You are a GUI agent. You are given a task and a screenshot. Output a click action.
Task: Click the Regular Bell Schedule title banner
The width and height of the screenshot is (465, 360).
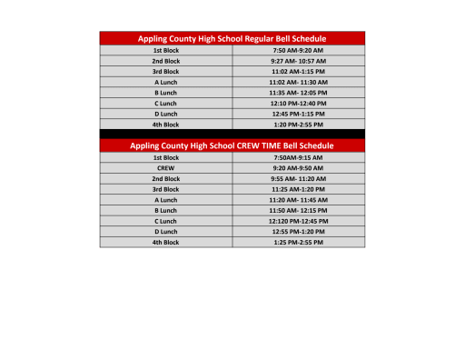click(232, 38)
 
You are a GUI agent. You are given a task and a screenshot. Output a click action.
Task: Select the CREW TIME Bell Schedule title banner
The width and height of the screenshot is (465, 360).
click(232, 145)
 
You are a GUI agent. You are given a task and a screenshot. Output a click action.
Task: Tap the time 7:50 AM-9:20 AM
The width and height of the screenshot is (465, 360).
click(298, 50)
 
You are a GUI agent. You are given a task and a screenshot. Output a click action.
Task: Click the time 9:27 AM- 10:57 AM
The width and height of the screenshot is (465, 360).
click(298, 61)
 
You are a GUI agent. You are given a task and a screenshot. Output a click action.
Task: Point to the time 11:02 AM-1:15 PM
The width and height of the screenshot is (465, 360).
click(298, 71)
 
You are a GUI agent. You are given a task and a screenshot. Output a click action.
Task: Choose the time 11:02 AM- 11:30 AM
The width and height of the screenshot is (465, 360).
click(298, 82)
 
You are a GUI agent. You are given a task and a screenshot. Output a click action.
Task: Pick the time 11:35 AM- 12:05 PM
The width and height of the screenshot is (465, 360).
click(298, 93)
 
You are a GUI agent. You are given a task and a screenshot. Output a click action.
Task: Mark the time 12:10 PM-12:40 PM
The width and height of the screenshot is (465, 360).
click(298, 103)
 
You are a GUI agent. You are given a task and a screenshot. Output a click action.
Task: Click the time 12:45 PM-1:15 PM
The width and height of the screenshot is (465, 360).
click(298, 114)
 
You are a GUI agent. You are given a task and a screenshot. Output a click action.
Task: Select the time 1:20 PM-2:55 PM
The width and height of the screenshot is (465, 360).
click(298, 125)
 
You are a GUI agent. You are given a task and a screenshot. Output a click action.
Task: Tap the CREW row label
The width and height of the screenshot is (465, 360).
click(165, 168)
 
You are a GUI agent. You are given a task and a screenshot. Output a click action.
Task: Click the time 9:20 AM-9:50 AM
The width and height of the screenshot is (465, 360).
click(298, 168)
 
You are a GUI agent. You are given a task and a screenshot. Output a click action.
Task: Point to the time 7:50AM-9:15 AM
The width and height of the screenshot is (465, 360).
click(298, 157)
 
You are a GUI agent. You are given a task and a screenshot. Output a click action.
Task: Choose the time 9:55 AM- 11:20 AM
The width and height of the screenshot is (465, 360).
click(298, 179)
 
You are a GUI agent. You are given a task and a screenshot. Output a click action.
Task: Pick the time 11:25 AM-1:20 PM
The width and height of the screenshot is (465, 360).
click(298, 189)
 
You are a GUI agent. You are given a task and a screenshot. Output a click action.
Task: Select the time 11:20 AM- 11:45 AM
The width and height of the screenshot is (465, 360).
click(298, 200)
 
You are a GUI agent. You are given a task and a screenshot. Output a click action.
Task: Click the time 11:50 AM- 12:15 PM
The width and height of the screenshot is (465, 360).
click(298, 211)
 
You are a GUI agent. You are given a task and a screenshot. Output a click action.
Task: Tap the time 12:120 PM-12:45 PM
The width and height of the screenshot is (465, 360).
click(298, 221)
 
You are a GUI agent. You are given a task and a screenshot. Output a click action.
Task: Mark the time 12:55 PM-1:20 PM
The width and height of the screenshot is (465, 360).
click(298, 232)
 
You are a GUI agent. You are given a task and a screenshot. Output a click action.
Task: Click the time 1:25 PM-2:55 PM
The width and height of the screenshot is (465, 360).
click(298, 243)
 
